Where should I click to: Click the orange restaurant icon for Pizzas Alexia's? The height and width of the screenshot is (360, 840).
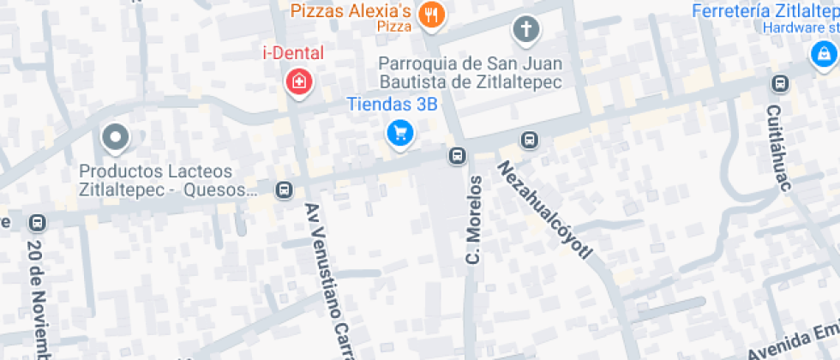(430, 15)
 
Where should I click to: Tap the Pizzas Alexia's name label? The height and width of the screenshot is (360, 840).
(351, 11)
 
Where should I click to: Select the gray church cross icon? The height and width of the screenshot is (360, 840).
(525, 30)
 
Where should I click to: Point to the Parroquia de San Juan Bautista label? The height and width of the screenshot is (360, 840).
(470, 73)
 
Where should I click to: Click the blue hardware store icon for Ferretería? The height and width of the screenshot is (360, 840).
(823, 54)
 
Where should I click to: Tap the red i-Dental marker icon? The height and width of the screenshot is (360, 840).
(298, 83)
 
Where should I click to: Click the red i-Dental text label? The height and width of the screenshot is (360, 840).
(293, 53)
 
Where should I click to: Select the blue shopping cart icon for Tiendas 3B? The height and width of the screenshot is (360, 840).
(399, 133)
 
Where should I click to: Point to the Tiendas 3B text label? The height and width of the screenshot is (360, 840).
(392, 105)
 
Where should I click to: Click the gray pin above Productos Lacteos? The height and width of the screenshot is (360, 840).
(114, 136)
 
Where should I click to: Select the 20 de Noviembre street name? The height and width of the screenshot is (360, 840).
(36, 296)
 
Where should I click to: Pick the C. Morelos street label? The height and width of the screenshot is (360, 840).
(473, 220)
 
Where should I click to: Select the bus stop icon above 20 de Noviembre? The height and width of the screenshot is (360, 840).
(37, 223)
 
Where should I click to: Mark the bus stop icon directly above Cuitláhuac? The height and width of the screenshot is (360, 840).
(780, 83)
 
